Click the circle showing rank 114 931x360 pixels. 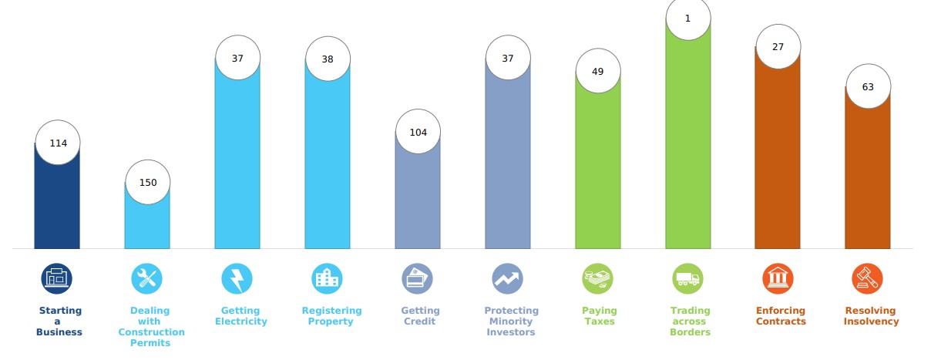point(58,143)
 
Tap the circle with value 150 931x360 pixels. point(147,183)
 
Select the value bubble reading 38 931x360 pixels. point(328,59)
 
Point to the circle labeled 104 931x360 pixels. point(418,132)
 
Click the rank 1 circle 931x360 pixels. point(688,18)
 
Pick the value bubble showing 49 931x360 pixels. point(598,72)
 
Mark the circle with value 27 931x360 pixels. point(778,47)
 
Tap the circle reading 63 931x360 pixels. point(868,86)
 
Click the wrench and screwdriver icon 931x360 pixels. point(147,278)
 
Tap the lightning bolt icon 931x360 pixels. point(237,278)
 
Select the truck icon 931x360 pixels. point(688,278)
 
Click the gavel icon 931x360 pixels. point(868,278)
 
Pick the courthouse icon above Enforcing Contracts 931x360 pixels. point(778,278)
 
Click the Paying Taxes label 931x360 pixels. point(599,316)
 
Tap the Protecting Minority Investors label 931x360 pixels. point(511,321)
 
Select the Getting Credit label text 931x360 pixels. point(420,316)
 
